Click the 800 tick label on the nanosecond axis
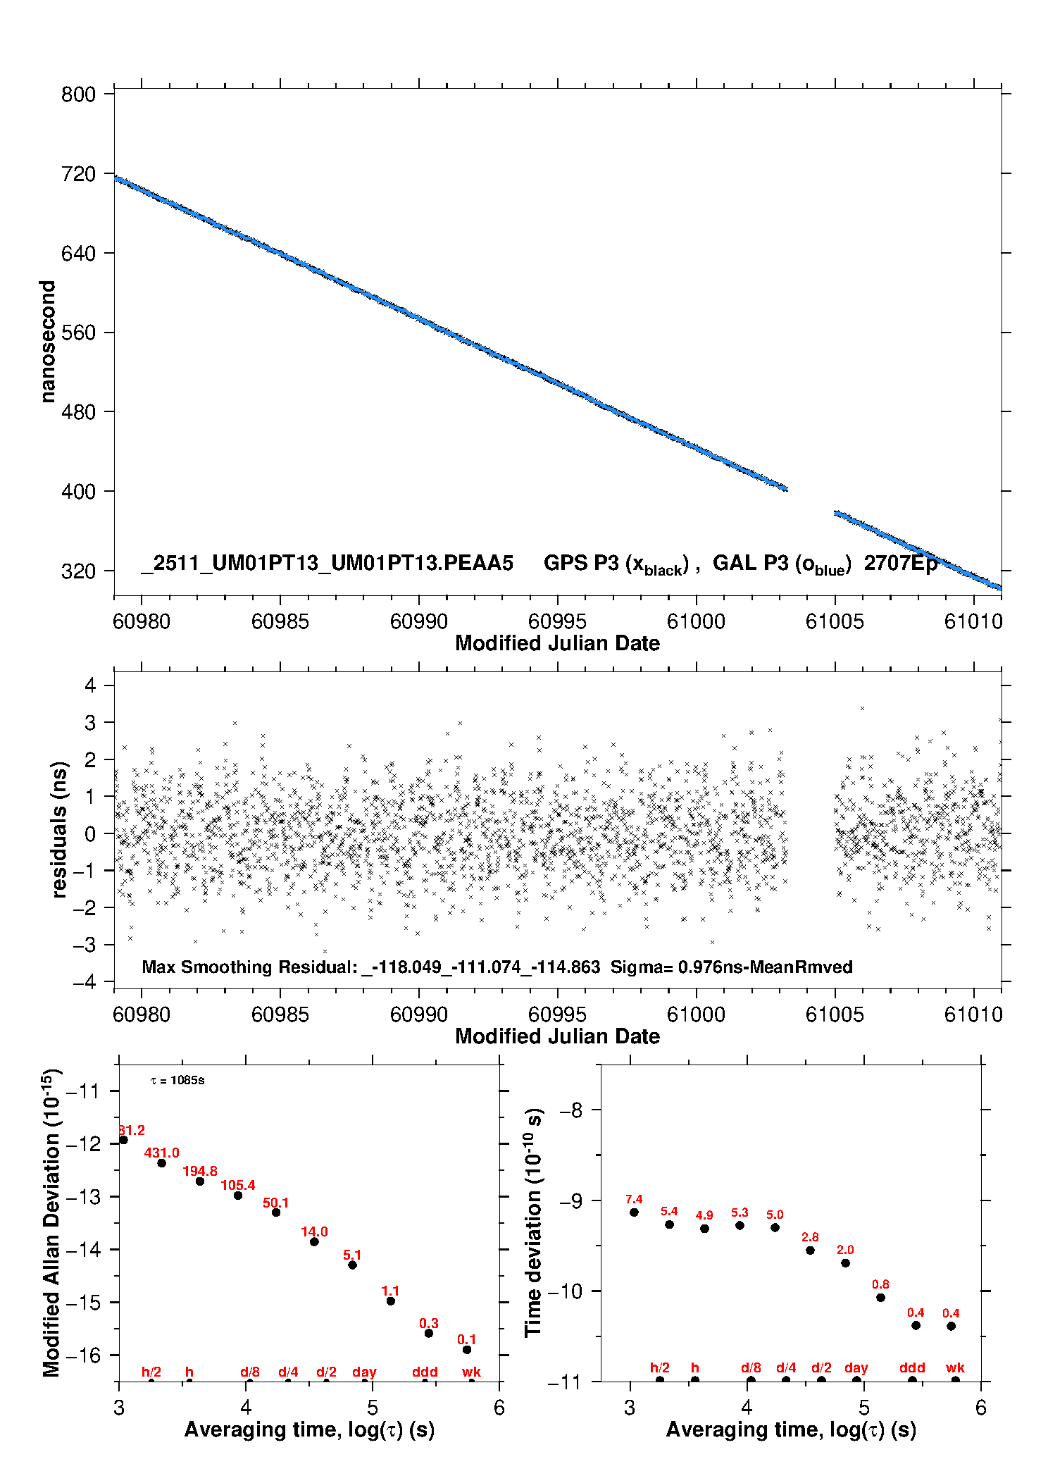(78, 94)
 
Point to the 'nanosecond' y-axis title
(47, 341)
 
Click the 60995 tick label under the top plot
(556, 621)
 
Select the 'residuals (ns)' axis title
(60, 829)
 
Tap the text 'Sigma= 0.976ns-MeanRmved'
(731, 967)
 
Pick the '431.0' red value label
(161, 1153)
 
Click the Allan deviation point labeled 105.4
(238, 1196)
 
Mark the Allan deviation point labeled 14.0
(314, 1241)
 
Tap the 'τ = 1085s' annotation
(177, 1081)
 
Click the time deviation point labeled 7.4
(634, 1212)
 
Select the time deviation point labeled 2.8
(810, 1251)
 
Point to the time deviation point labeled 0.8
(880, 1298)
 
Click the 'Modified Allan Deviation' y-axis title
(51, 1223)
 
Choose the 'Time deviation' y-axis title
(533, 1223)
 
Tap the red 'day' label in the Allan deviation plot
(364, 1372)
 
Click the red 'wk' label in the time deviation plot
(955, 1367)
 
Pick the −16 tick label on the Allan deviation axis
(83, 1355)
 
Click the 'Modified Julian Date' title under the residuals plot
(557, 1036)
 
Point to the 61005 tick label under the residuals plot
(834, 1014)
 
